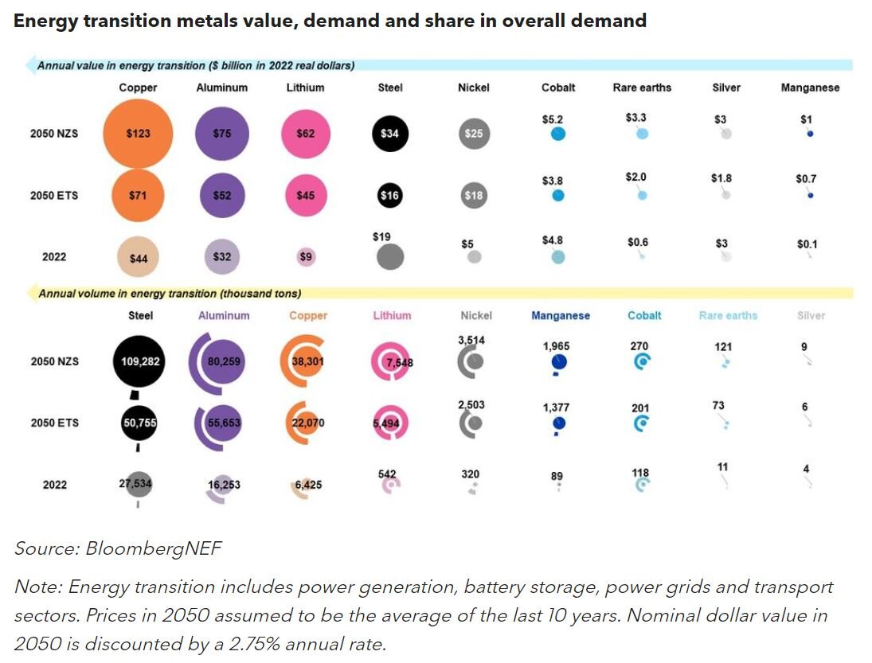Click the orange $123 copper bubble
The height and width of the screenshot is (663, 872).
pos(138,134)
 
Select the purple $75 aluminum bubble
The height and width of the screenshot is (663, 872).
pos(222,134)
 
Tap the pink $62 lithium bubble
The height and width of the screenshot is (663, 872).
pos(305,134)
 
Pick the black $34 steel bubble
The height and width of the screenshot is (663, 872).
pos(389,134)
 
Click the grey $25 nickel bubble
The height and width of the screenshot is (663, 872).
pos(474,134)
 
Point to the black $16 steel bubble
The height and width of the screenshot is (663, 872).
pos(389,195)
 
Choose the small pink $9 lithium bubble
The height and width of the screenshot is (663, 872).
pos(306,256)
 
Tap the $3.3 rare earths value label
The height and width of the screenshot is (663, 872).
pos(636,118)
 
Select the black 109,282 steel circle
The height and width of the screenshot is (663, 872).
pos(141,361)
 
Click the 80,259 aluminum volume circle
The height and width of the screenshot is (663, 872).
pos(224,361)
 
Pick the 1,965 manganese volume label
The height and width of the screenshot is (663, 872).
pos(557,346)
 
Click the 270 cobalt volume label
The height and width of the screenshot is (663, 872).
pos(639,346)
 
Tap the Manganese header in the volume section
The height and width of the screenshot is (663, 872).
pos(561,315)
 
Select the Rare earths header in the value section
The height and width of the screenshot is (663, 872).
pos(642,88)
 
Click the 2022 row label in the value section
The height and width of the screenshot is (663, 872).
pos(54,257)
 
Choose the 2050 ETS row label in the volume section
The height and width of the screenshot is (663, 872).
pos(54,423)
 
